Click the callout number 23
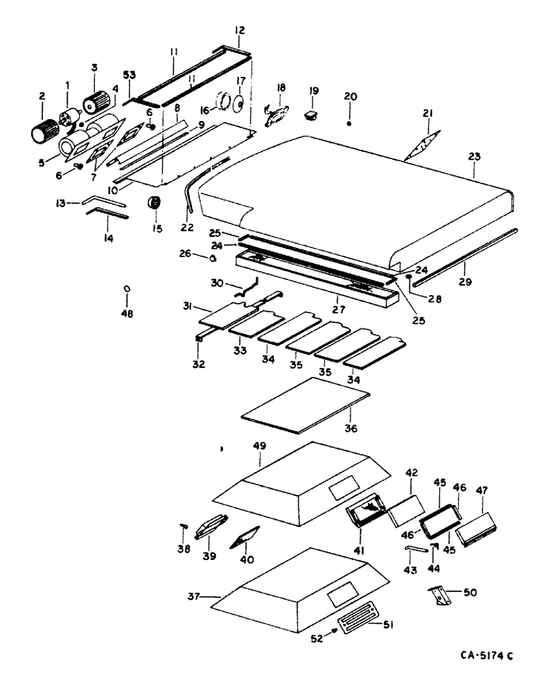(x=473, y=157)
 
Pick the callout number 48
(x=127, y=313)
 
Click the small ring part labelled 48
(x=127, y=288)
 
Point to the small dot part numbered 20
(x=349, y=123)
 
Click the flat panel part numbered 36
(x=305, y=410)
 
